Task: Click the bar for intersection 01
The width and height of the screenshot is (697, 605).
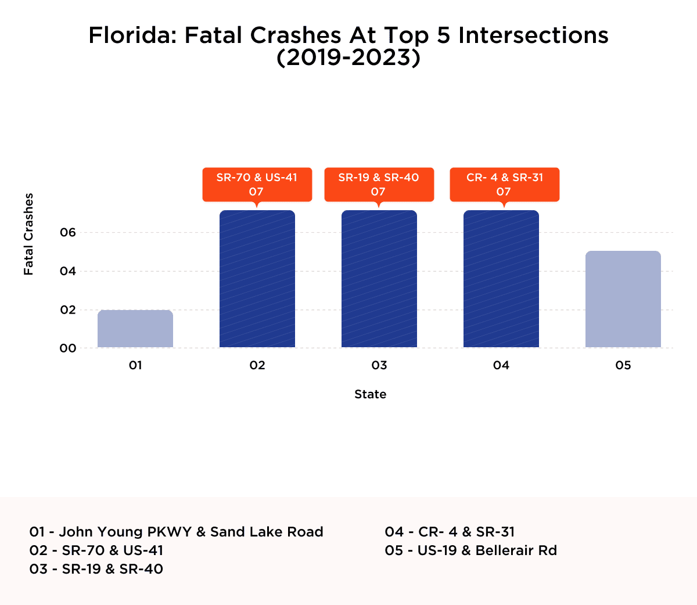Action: click(135, 329)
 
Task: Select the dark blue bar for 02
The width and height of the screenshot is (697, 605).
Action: click(257, 279)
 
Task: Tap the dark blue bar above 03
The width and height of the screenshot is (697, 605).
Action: click(379, 279)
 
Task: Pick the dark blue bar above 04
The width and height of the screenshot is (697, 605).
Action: click(501, 279)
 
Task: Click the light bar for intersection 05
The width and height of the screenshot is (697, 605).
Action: click(623, 299)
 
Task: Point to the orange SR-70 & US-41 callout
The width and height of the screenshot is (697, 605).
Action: click(257, 185)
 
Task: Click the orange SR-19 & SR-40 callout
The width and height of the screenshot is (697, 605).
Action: click(379, 185)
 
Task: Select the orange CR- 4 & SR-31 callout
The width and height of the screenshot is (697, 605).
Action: click(504, 185)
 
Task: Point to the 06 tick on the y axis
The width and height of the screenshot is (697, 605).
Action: click(68, 233)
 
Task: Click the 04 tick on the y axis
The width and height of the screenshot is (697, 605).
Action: click(68, 271)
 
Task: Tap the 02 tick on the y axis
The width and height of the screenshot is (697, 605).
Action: click(68, 310)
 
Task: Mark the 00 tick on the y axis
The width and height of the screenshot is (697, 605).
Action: click(68, 348)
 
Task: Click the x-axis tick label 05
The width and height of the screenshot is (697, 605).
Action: click(623, 365)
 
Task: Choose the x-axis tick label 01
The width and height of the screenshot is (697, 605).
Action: click(135, 365)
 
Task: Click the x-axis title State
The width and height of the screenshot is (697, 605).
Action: click(370, 394)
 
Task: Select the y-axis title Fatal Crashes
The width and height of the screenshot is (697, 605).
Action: click(28, 234)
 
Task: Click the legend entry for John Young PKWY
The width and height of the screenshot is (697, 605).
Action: click(176, 532)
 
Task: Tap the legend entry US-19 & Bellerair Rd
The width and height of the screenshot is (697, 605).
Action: click(470, 550)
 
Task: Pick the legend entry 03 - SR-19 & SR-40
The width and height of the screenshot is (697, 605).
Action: click(96, 569)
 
